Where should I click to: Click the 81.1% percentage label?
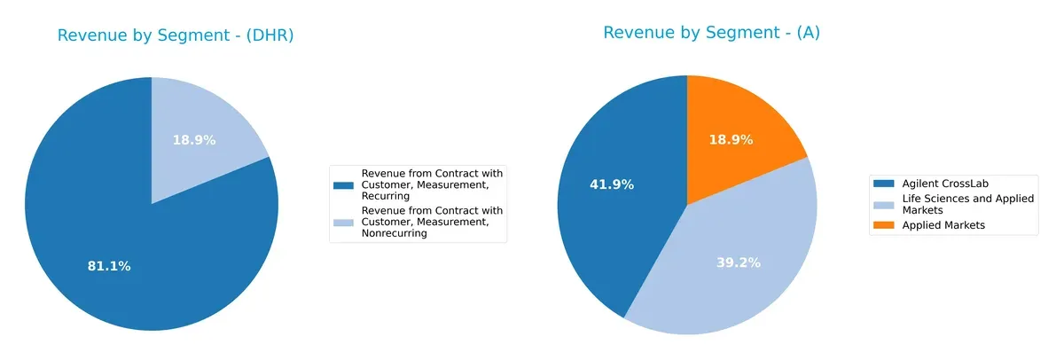click(109, 266)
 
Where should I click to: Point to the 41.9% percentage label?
click(611, 184)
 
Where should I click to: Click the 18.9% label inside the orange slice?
click(731, 139)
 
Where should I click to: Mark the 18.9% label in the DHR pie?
click(195, 140)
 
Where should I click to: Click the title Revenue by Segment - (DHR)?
click(176, 35)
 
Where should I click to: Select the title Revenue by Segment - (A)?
click(711, 33)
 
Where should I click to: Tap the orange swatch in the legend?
click(884, 225)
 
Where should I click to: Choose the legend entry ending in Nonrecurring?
click(427, 222)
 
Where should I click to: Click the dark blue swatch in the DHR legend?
click(342, 184)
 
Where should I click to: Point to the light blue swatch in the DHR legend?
click(342, 222)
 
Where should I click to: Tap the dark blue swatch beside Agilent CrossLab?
click(884, 183)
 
